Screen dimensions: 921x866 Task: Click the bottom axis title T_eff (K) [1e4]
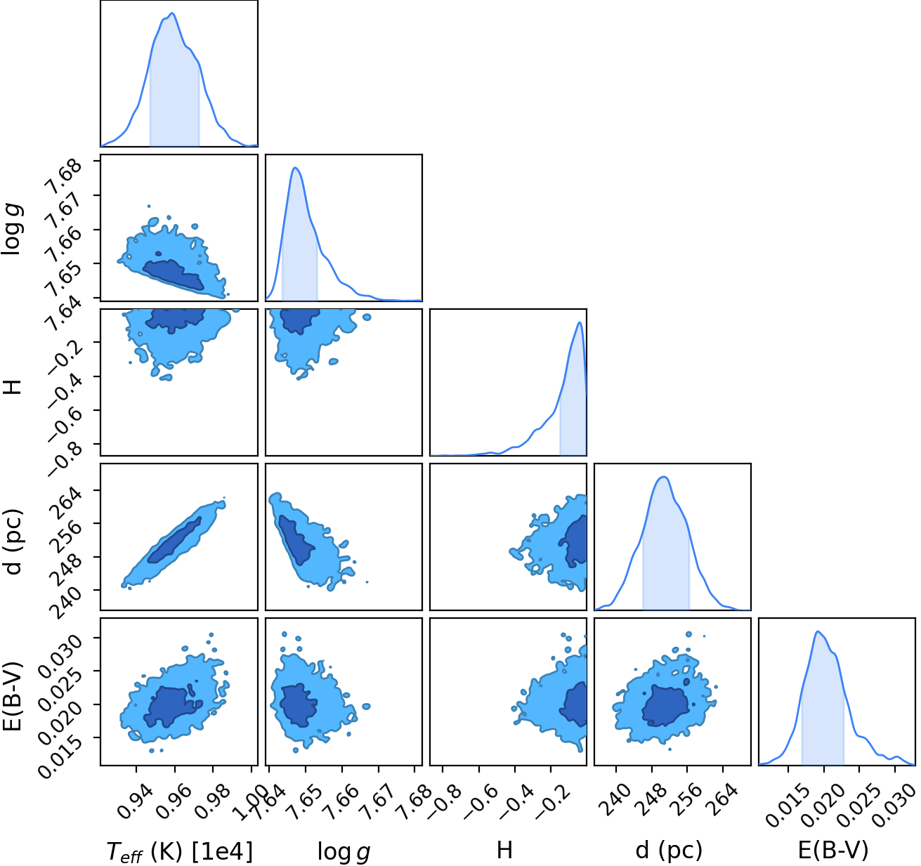[x=180, y=852]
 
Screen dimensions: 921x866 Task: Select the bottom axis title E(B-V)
[x=833, y=851]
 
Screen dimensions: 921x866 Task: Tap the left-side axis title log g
[x=12, y=230]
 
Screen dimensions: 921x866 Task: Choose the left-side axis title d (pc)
[x=13, y=542]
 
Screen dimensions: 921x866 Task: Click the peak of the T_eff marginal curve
[x=172, y=13]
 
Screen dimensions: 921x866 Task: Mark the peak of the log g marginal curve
[x=295, y=167]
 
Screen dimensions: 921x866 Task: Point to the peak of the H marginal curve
[x=579, y=322]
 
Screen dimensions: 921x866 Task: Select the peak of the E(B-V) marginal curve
[x=818, y=631]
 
